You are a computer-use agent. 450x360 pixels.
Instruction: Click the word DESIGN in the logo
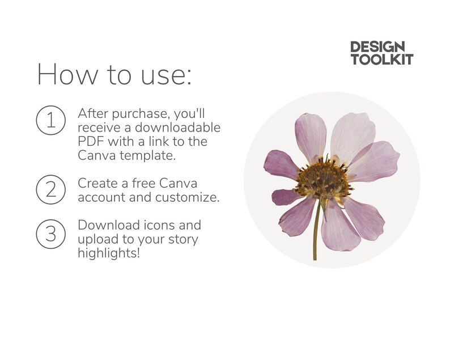pos(377,47)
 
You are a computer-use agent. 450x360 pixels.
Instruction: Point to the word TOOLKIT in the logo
pos(381,59)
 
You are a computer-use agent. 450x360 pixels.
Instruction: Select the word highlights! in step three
pos(109,253)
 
